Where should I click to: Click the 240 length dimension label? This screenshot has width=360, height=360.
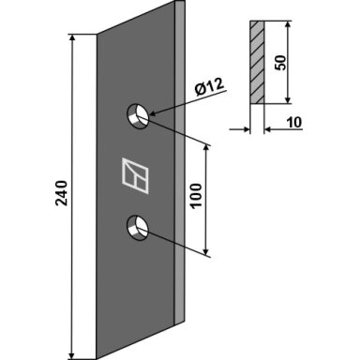tap(62, 193)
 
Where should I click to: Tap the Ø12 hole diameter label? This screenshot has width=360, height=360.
tap(209, 86)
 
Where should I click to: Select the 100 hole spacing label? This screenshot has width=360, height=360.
tap(196, 196)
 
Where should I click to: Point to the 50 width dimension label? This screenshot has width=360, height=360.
tap(280, 63)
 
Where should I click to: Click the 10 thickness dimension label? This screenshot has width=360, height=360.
tap(294, 122)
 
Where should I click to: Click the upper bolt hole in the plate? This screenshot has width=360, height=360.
tap(138, 115)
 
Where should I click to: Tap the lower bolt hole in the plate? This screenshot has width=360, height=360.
tap(138, 228)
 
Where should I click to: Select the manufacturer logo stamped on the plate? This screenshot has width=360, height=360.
tap(135, 175)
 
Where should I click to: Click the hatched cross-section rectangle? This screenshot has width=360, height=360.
tap(257, 63)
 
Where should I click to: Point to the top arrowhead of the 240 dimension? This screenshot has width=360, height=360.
tap(72, 37)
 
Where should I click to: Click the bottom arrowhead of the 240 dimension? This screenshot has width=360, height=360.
tap(72, 355)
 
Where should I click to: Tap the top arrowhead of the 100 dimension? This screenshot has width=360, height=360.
tap(205, 148)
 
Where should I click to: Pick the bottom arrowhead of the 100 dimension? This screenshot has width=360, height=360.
tap(205, 251)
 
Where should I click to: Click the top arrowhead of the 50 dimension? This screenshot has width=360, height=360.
tap(288, 25)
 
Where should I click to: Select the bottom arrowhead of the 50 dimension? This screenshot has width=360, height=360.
tap(288, 99)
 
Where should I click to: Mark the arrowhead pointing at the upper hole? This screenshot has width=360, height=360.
tap(153, 113)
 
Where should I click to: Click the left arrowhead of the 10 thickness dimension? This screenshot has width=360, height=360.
tap(247, 128)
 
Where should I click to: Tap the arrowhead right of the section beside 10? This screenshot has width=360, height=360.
tap(268, 128)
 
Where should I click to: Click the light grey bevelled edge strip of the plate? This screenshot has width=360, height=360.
tap(179, 161)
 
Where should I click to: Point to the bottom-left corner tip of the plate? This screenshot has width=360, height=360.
tap(97, 359)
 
